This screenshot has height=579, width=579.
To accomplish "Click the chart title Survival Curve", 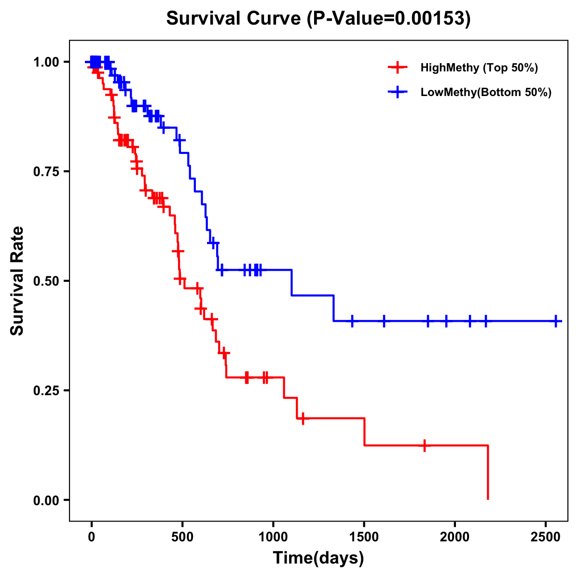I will pyautogui.click(x=234, y=18).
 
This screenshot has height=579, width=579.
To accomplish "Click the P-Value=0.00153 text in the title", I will pyautogui.click(x=390, y=18).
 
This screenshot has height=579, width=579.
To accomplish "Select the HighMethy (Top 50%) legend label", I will pyautogui.click(x=479, y=68).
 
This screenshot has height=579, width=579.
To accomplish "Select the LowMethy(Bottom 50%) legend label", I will pyautogui.click(x=486, y=92).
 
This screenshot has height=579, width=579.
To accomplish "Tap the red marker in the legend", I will pyautogui.click(x=397, y=68).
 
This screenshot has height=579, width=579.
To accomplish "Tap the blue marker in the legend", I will pyautogui.click(x=397, y=92).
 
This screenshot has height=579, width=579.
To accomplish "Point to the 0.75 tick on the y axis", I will pyautogui.click(x=46, y=171).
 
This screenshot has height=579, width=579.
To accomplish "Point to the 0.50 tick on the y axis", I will pyautogui.click(x=46, y=281).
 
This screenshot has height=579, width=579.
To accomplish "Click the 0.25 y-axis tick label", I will pyautogui.click(x=46, y=390).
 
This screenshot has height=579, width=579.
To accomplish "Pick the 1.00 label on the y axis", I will pyautogui.click(x=46, y=62).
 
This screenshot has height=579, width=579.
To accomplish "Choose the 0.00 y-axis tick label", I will pyautogui.click(x=46, y=500).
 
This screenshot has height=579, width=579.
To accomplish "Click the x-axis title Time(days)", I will pyautogui.click(x=318, y=558).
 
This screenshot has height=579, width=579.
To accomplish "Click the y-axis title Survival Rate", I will pyautogui.click(x=17, y=281).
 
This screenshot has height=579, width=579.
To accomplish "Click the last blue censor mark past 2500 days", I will pyautogui.click(x=556, y=321).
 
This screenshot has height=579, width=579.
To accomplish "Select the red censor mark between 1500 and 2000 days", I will pyautogui.click(x=424, y=445).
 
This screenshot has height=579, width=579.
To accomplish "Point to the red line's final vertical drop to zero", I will pyautogui.click(x=488, y=473).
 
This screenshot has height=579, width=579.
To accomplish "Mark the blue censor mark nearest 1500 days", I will pyautogui.click(x=352, y=321).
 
